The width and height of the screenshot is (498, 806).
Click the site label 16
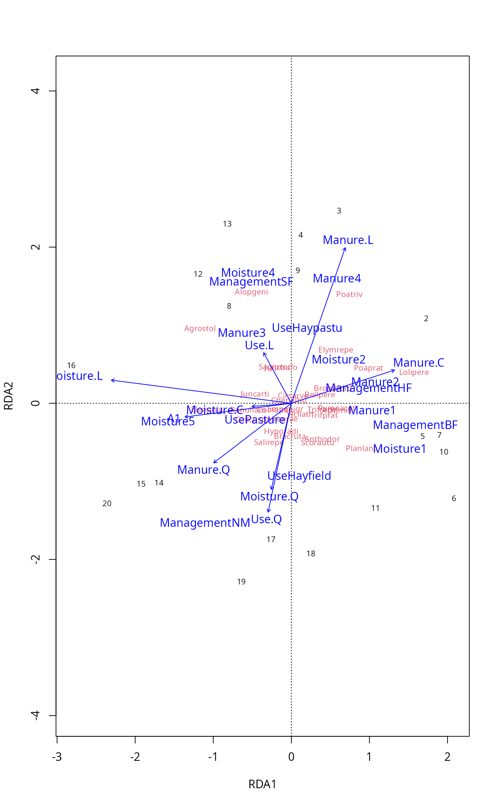pyautogui.click(x=71, y=365)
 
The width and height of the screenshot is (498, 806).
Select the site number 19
pyautogui.click(x=241, y=582)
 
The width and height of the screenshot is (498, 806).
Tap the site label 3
pyautogui.click(x=339, y=211)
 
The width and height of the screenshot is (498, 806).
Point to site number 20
pyautogui.click(x=107, y=503)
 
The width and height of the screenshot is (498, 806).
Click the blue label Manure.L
pyautogui.click(x=348, y=240)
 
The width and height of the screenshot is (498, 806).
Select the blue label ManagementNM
pyautogui.click(x=205, y=523)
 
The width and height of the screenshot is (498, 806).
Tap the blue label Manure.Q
pyautogui.click(x=203, y=470)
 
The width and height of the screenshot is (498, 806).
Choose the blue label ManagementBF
pyautogui.click(x=415, y=425)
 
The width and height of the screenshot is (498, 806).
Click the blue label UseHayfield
pyautogui.click(x=299, y=476)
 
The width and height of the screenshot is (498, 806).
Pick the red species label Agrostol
pyautogui.click(x=200, y=328)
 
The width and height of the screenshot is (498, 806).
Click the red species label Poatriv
pyautogui.click(x=349, y=294)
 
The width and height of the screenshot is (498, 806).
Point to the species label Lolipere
pyautogui.click(x=414, y=372)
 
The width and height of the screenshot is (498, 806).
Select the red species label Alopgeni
pyautogui.click(x=251, y=292)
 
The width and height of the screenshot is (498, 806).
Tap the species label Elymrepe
pyautogui.click(x=335, y=350)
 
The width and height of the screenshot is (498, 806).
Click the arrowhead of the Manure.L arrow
pyautogui.click(x=345, y=248)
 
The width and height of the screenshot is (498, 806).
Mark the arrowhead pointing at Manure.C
pyautogui.click(x=394, y=371)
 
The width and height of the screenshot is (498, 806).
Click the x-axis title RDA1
pyautogui.click(x=262, y=784)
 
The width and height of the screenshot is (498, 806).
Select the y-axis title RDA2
pyautogui.click(x=9, y=396)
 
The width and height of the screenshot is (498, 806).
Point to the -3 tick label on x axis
pyautogui.click(x=57, y=757)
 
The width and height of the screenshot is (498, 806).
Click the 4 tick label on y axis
pyautogui.click(x=36, y=91)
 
